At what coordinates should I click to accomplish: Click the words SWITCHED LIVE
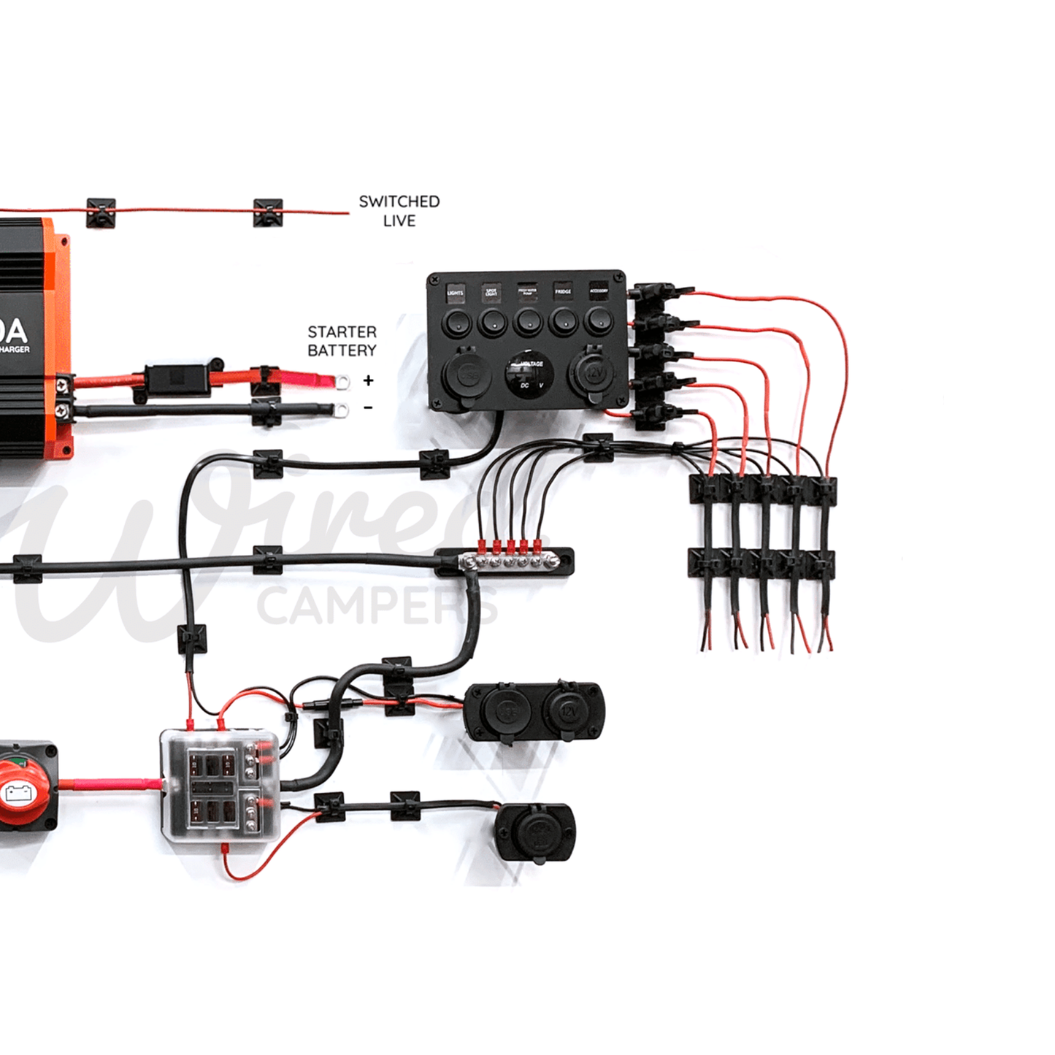click(x=399, y=210)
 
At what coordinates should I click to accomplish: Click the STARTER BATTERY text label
click(x=342, y=341)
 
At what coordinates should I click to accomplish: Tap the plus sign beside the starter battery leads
click(x=368, y=380)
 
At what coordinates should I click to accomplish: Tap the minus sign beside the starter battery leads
click(x=368, y=407)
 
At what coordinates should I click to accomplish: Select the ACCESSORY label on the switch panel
click(x=598, y=291)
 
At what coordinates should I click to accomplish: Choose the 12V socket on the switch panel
click(x=591, y=373)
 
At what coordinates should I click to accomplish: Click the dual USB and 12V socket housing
click(x=534, y=711)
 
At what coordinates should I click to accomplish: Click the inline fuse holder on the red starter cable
click(x=175, y=378)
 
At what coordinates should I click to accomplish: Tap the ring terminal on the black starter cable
click(x=340, y=410)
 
